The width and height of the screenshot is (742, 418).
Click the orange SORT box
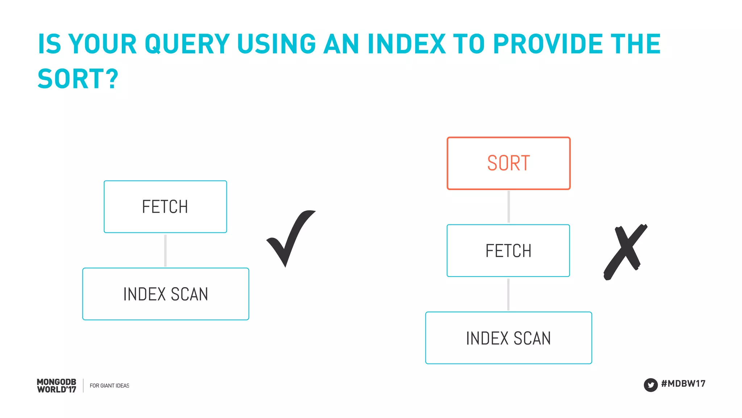[508, 163]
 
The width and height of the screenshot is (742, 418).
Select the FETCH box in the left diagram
[165, 207]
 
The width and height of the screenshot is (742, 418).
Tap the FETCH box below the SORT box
[508, 251]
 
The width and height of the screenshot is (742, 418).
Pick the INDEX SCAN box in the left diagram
[166, 294]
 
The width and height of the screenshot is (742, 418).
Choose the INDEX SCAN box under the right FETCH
[508, 338]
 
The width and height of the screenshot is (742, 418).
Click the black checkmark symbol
[290, 237]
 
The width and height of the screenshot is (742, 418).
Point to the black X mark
[625, 252]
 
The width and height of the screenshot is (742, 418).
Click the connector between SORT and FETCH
[509, 207]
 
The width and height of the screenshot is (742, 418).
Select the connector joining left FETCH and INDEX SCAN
[166, 250]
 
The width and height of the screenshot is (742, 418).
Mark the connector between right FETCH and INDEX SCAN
[508, 294]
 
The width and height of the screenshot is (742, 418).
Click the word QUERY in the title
[187, 44]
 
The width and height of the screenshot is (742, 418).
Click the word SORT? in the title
[78, 79]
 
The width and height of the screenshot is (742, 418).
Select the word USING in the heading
[276, 44]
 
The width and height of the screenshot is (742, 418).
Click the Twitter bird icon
[650, 385]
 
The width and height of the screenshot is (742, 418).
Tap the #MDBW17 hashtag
[683, 384]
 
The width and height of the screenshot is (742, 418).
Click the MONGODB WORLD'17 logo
[57, 386]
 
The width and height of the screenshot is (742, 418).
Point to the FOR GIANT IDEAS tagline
[109, 386]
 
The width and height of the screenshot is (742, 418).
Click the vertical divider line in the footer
[83, 386]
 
